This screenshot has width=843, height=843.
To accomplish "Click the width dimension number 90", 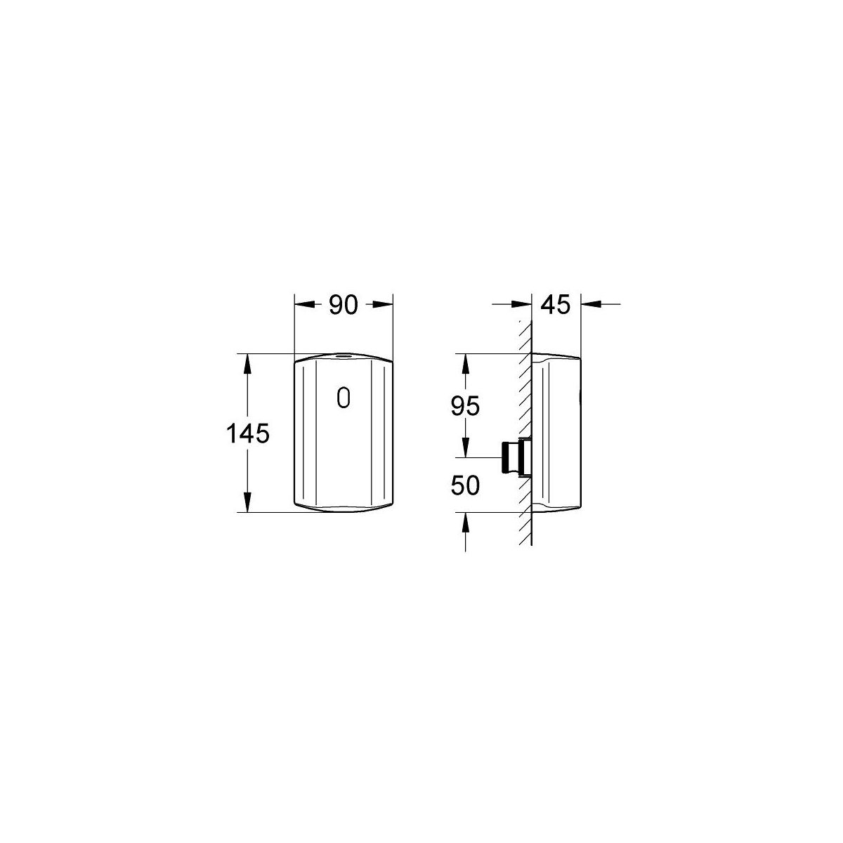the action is (344, 305).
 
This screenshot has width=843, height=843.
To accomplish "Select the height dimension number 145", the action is (247, 434).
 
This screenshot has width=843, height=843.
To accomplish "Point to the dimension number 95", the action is (465, 406).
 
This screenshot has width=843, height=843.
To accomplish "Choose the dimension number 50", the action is (465, 485).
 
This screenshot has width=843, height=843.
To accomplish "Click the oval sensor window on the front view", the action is (344, 398).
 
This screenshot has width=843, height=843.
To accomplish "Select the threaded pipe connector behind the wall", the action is (516, 457).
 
